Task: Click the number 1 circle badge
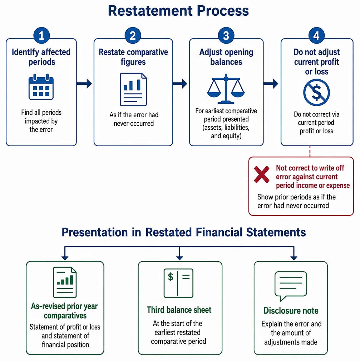pos(41,35)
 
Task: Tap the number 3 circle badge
pos(226,35)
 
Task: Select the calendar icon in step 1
pos(41,87)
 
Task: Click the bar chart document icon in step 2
pos(133,89)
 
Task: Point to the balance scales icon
pos(226,89)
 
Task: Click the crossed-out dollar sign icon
pos(316,93)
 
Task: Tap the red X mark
pos(262,174)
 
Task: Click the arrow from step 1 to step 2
pos(84,84)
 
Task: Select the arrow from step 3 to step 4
pos(271,84)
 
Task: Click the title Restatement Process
pos(178,11)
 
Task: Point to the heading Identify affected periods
pos(41,57)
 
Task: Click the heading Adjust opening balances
pos(226,57)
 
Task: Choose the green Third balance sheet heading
pos(179,310)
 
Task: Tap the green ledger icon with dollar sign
pos(178,283)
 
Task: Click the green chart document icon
pos(65,282)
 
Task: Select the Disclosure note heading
pos(291,311)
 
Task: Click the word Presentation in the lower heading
pos(95,232)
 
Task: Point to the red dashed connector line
pos(310,151)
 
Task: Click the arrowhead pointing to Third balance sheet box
pos(179,258)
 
